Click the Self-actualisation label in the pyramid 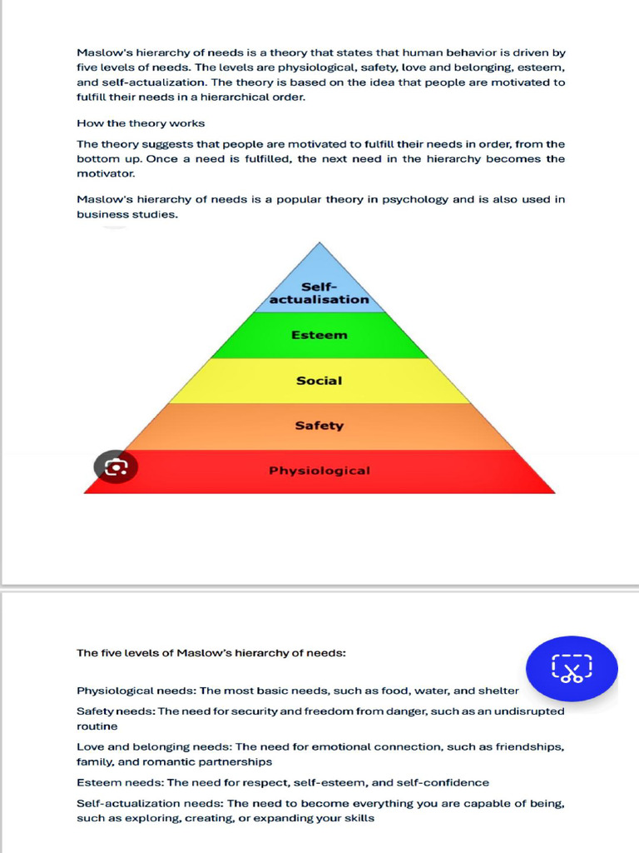coord(319,293)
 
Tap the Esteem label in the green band coord(319,336)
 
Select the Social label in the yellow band coord(319,381)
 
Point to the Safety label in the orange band coord(319,426)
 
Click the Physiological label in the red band coord(319,471)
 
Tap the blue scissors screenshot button coord(572,668)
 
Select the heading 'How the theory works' coord(141,123)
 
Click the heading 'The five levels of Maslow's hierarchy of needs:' coord(211,653)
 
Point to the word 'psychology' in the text coord(416,200)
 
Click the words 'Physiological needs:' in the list coord(136,691)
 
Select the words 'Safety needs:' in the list coord(116,711)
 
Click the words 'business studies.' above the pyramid coord(127,215)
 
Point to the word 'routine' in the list coord(97,726)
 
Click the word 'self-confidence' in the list coord(447,783)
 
